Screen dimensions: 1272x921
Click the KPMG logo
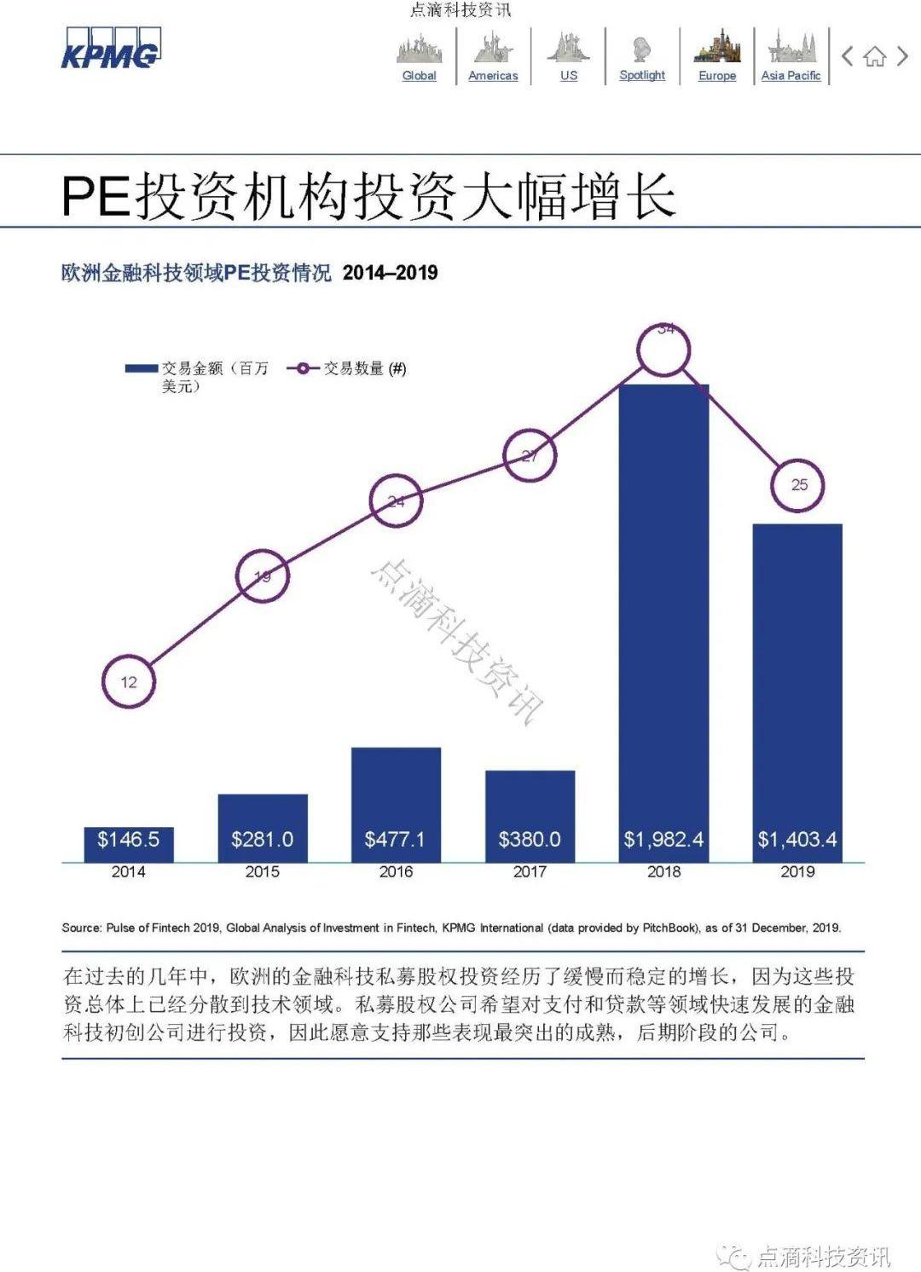click(110, 49)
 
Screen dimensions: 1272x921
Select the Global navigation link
click(419, 75)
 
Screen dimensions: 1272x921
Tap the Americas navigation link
click(493, 75)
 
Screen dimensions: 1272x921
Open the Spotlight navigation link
click(642, 75)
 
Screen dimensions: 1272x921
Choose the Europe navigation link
click(717, 75)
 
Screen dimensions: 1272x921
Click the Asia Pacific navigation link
click(791, 75)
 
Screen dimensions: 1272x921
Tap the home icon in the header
click(874, 57)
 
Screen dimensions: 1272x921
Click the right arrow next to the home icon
click(902, 57)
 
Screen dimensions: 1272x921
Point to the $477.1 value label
click(395, 840)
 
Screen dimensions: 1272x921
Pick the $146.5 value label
click(128, 840)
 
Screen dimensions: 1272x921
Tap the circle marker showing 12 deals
click(129, 682)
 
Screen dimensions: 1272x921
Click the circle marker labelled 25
click(798, 485)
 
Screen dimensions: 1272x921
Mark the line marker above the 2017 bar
click(530, 455)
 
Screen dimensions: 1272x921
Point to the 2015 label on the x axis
click(262, 872)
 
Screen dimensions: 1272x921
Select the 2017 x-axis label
click(530, 872)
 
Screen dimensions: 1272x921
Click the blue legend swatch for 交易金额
click(142, 368)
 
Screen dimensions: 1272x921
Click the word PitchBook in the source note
click(669, 928)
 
